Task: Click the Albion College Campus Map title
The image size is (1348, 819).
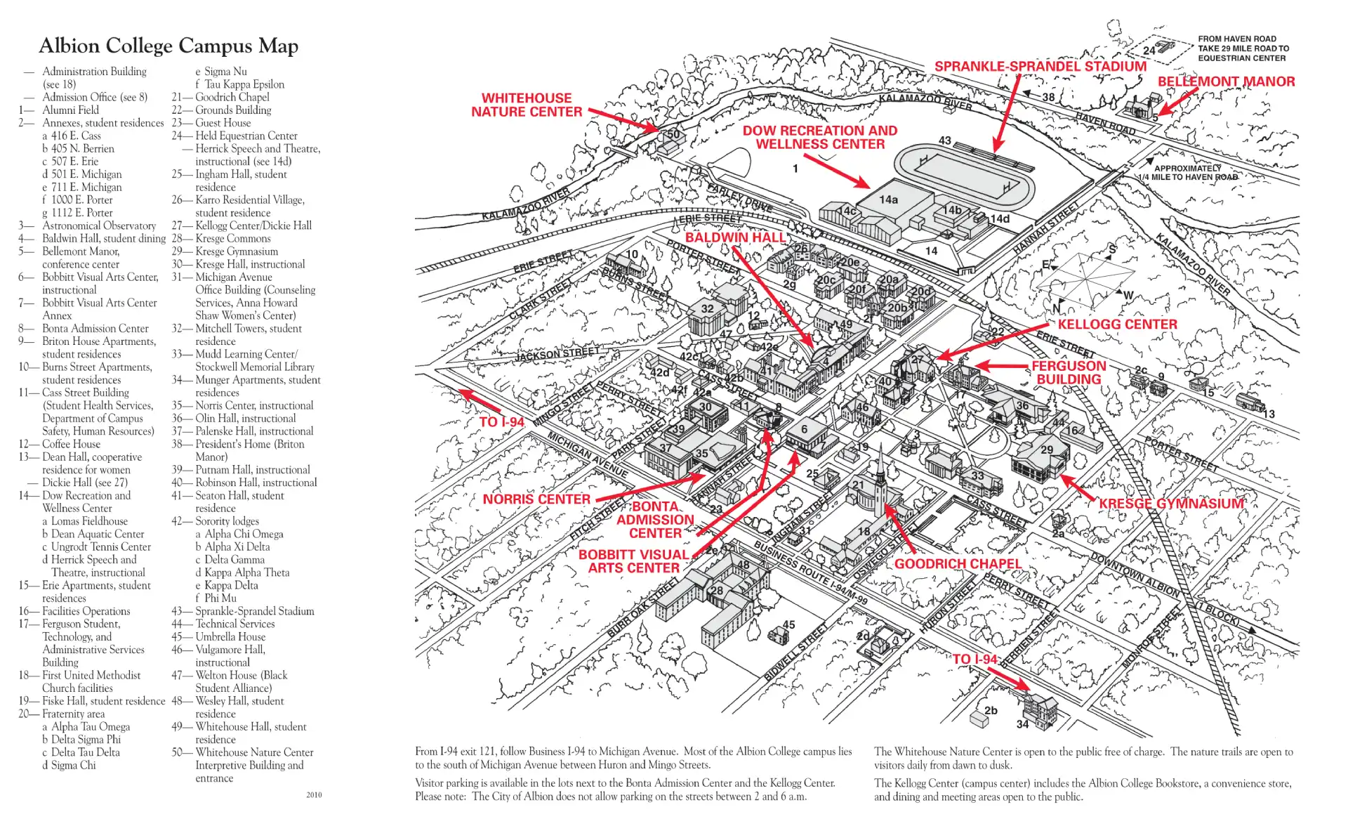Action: click(168, 46)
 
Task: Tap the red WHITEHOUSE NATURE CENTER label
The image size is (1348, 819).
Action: click(527, 105)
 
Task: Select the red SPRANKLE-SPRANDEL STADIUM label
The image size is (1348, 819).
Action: click(1040, 67)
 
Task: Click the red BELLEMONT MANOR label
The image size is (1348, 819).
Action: click(1226, 81)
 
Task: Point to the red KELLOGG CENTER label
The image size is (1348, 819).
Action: click(1117, 325)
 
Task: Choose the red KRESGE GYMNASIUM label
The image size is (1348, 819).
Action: click(1171, 504)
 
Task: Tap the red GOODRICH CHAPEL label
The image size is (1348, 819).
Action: click(958, 564)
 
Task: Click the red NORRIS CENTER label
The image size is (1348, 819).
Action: click(536, 499)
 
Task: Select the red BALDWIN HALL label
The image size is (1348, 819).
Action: click(735, 237)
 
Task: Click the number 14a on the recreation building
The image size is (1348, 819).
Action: click(888, 199)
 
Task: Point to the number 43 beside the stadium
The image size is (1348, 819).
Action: click(945, 140)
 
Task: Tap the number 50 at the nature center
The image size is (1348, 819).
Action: click(673, 134)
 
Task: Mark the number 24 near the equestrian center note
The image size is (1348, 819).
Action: click(1149, 51)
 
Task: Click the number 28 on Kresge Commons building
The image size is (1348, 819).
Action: click(716, 591)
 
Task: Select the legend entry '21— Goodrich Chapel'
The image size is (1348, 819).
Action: click(220, 97)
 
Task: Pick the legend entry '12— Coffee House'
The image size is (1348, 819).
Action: click(60, 444)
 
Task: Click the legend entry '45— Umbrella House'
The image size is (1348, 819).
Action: click(218, 636)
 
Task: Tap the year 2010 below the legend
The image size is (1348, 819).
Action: click(314, 794)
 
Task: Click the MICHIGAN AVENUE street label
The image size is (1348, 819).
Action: click(588, 455)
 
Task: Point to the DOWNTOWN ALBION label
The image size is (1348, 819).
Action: click(1135, 576)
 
